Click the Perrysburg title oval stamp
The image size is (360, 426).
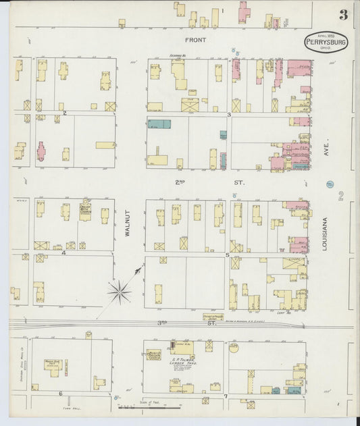coord(326,42)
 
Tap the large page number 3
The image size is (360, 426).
coord(344,15)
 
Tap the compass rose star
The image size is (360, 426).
coord(120,291)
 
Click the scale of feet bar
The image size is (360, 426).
coord(145,407)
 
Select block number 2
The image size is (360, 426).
coord(65,113)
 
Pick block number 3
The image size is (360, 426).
coord(230,115)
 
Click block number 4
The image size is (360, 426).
coord(63,253)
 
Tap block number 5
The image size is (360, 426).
coord(228,255)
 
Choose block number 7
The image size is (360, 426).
coord(226,396)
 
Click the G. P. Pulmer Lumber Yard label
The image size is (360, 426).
coord(182,352)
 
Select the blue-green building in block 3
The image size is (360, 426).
coord(159,124)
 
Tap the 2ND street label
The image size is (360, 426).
coord(180,182)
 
